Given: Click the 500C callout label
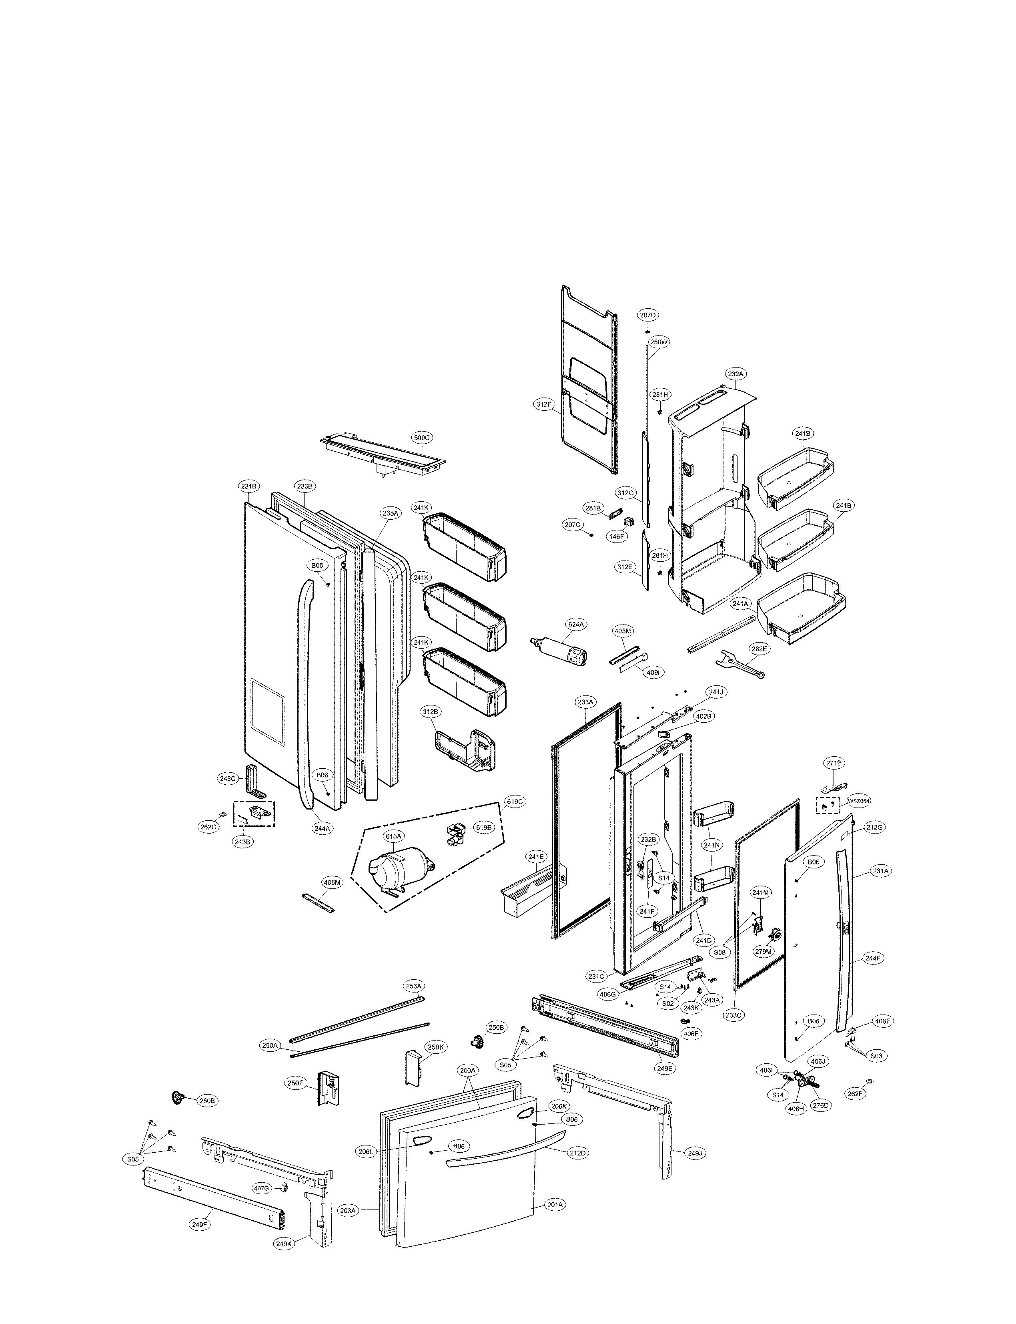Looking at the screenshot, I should point(421,438).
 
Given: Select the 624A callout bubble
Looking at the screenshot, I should point(576,624).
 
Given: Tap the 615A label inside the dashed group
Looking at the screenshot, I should point(393,836).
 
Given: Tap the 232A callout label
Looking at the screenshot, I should point(735,374).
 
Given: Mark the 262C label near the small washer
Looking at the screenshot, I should point(208,827).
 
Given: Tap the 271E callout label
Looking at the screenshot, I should point(834,763).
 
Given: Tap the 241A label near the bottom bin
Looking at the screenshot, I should point(740,603).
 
